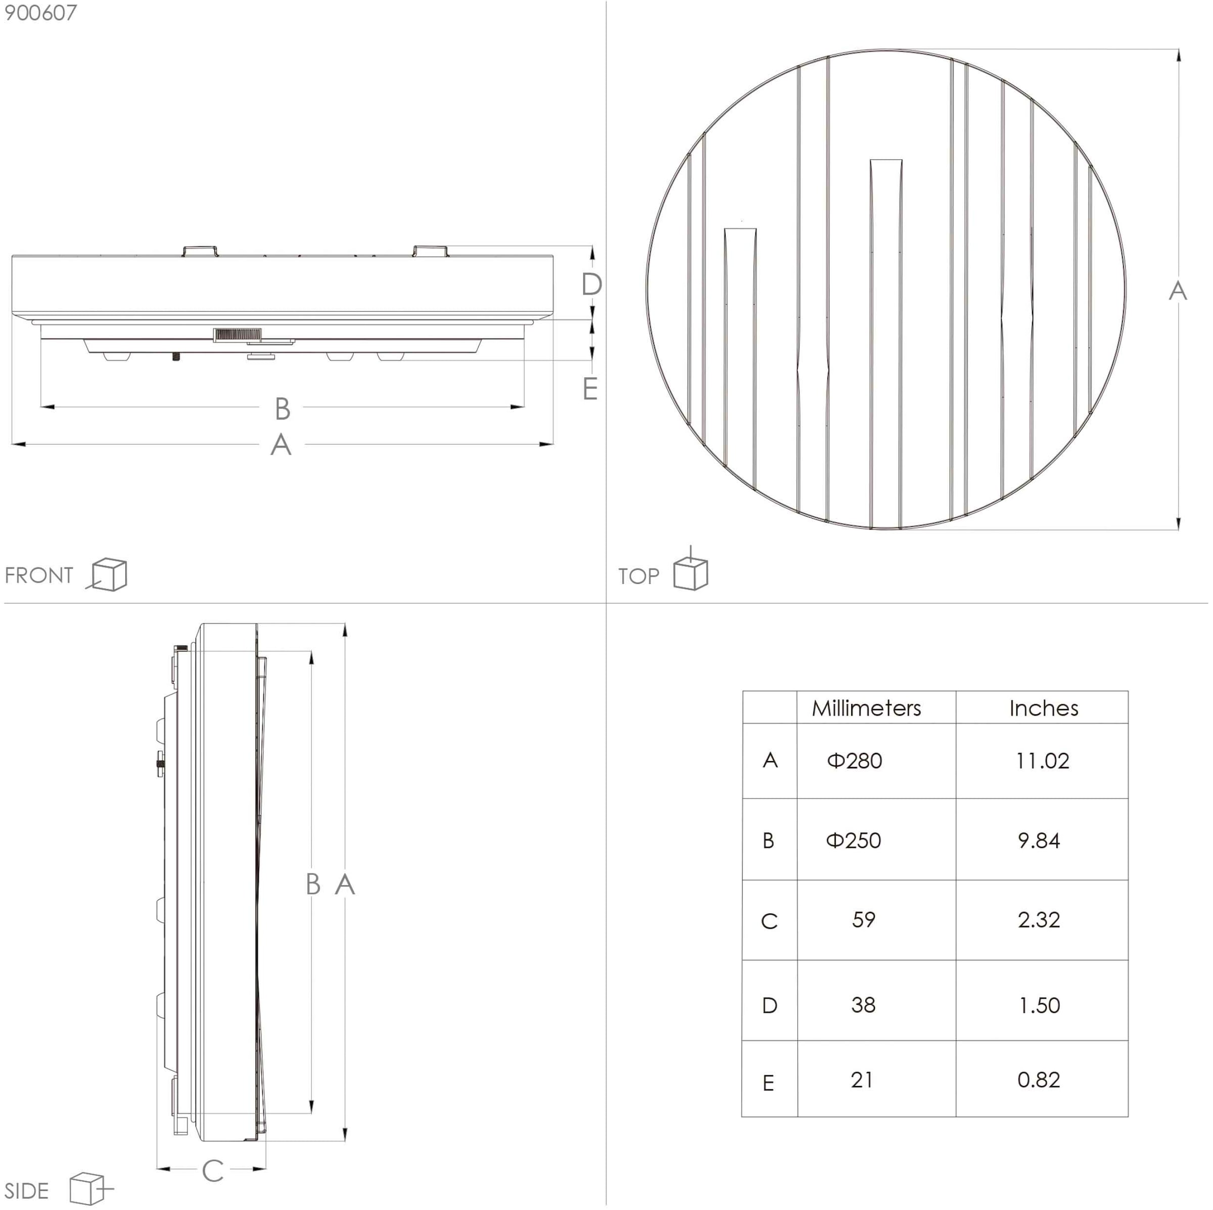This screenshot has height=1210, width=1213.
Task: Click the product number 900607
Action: [x=40, y=13]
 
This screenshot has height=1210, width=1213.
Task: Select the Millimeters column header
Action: [x=866, y=708]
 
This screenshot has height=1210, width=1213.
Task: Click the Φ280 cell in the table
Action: [x=855, y=761]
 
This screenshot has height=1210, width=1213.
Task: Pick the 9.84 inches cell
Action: [x=1039, y=841]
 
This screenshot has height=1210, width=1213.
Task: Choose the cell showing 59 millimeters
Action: [x=863, y=920]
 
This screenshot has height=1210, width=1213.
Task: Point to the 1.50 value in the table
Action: [x=1039, y=1005]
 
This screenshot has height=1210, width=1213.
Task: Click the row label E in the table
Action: [x=768, y=1083]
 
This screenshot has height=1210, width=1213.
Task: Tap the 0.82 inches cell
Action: [x=1039, y=1080]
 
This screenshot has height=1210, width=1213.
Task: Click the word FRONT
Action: [x=39, y=575]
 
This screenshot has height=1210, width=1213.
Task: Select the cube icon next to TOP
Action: [x=690, y=572]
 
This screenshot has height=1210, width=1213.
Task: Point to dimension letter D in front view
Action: [x=591, y=285]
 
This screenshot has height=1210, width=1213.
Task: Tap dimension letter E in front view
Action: [x=589, y=389]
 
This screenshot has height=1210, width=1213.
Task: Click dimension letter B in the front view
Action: [x=282, y=409]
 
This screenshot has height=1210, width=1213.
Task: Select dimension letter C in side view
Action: [x=213, y=1171]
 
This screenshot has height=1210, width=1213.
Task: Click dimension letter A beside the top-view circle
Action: [x=1177, y=291]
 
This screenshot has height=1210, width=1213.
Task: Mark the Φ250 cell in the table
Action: [x=853, y=841]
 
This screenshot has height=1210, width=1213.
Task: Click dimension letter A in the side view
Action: [x=345, y=885]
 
